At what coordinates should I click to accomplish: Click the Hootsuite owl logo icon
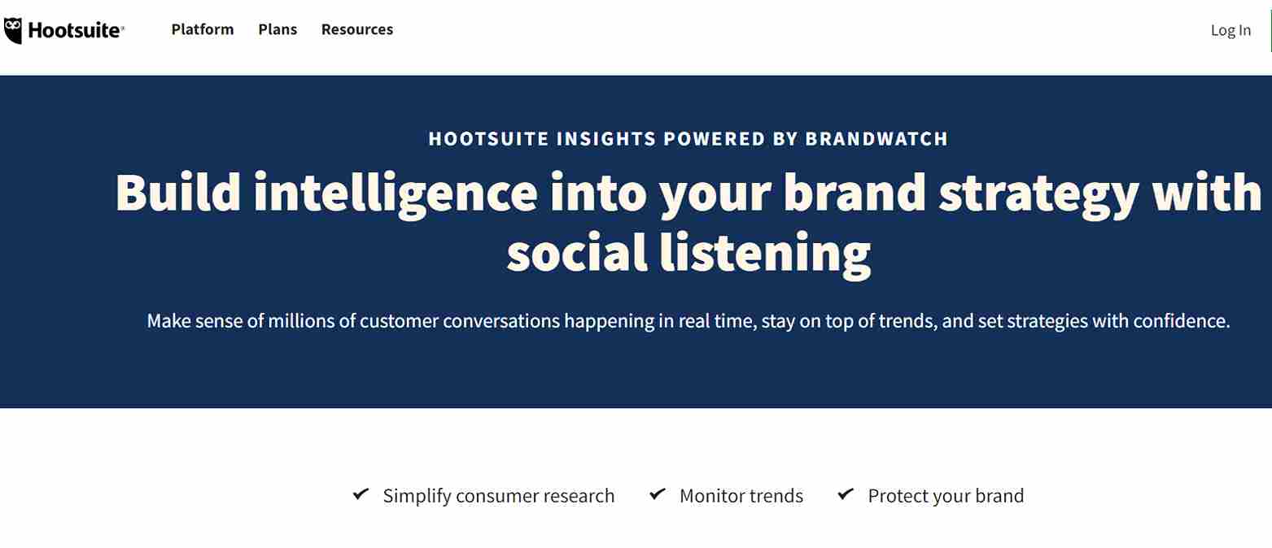13,30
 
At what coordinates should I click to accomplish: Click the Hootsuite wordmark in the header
74,30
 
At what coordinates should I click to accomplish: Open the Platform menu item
203,29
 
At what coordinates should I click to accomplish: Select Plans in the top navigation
278,29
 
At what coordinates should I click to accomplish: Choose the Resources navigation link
357,29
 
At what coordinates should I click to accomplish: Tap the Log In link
1230,30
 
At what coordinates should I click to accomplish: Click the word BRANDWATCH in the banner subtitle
876,139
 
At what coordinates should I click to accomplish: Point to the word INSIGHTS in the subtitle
606,139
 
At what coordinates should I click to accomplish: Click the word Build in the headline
178,193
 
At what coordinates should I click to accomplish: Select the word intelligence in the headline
396,195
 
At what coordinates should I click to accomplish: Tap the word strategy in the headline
1039,195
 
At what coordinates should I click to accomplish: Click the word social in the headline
577,252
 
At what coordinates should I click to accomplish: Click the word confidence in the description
1181,321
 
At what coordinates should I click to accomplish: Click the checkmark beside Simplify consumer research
361,494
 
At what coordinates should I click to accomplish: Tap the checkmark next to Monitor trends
658,494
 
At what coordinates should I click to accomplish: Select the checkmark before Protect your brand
846,494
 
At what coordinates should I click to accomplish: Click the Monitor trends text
741,496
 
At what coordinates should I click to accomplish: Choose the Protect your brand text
946,497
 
